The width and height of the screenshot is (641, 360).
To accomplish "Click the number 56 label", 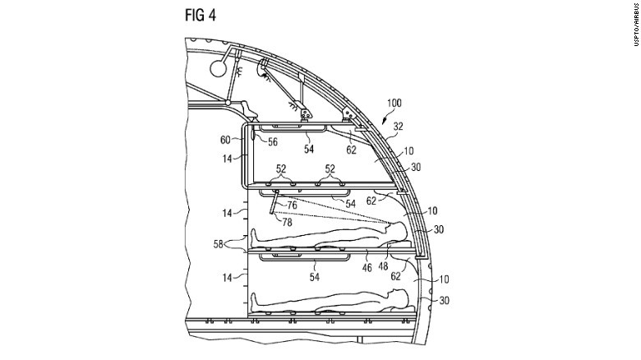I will (272, 141).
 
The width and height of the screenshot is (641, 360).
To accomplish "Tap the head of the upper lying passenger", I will (399, 231).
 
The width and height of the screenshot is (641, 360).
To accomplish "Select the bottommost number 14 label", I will (226, 278).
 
